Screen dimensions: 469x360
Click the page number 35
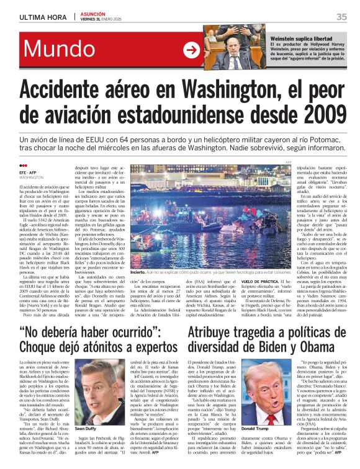(341, 17)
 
